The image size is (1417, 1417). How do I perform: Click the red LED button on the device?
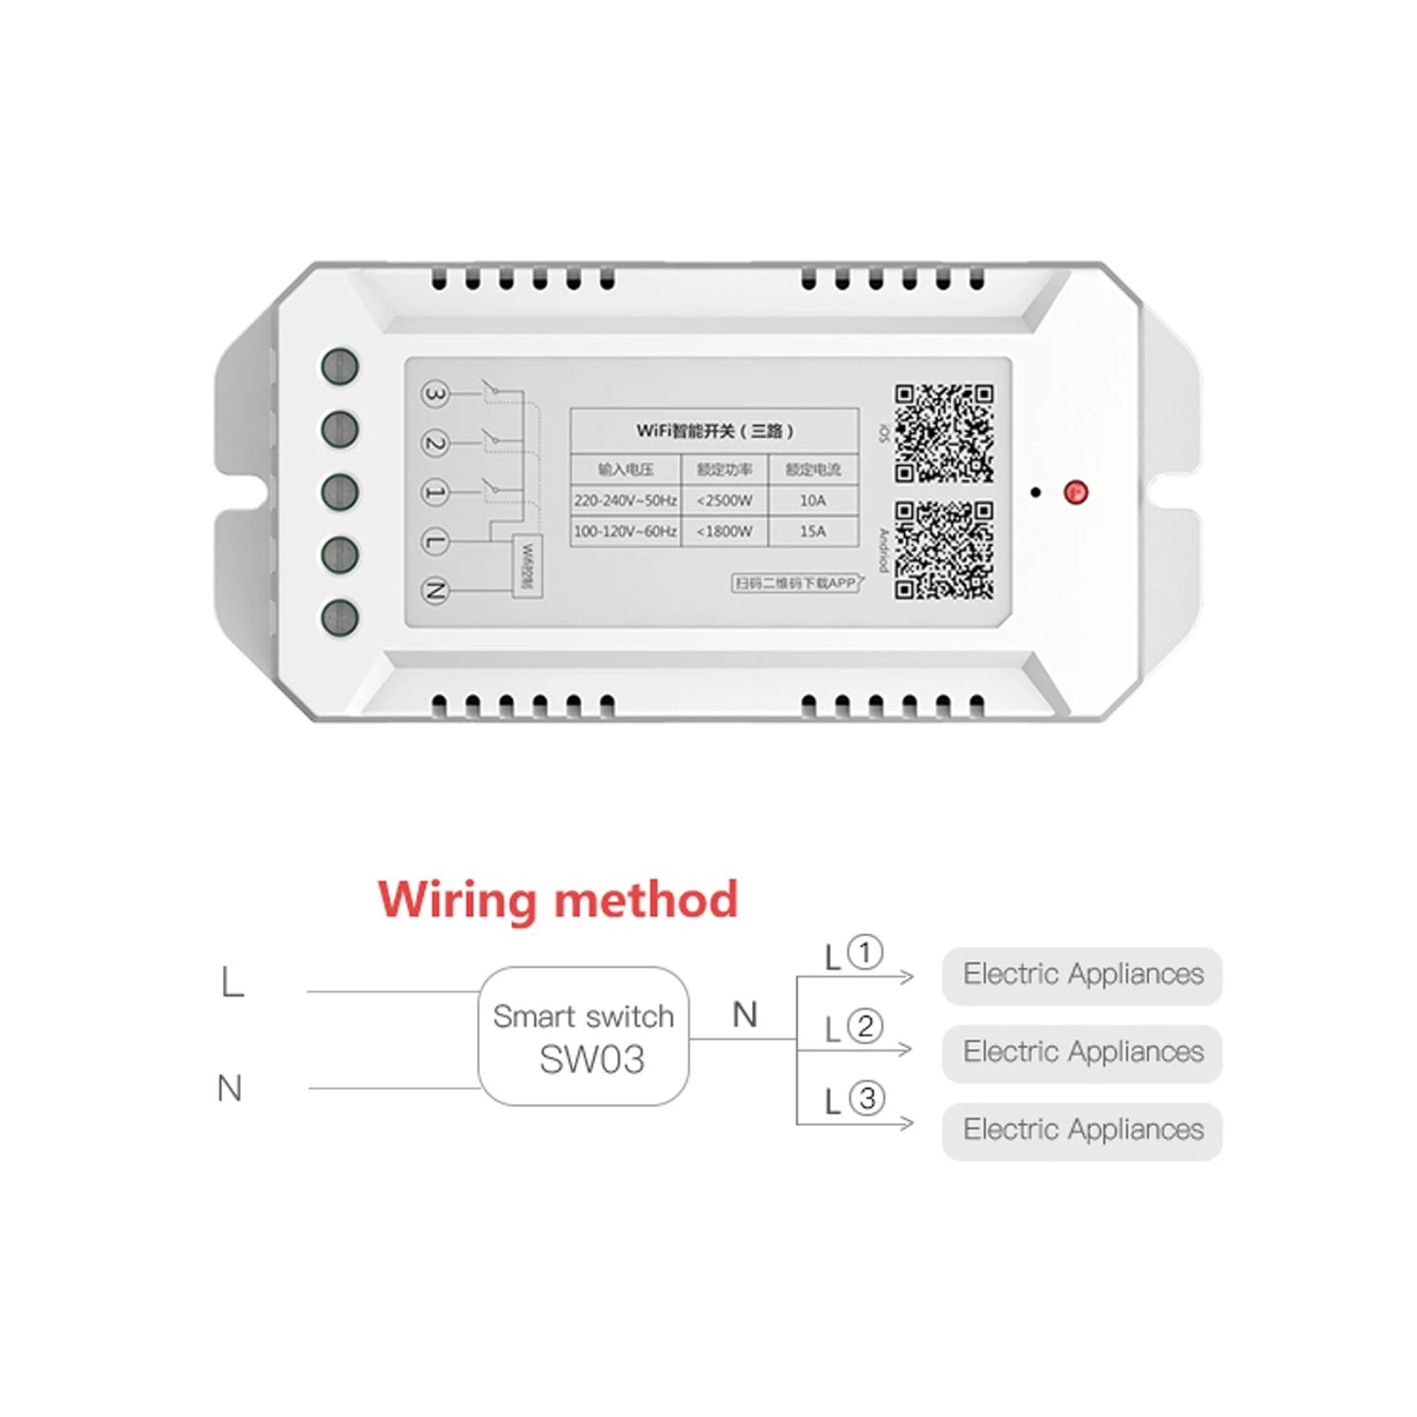pos(1075,492)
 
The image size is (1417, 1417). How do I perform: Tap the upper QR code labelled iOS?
pos(944,434)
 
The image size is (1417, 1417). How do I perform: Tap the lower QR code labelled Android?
pos(944,550)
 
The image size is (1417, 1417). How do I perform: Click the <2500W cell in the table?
pos(725,501)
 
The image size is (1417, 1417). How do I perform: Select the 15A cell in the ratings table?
pos(812,532)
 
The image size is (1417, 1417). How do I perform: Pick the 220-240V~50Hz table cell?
pos(625,501)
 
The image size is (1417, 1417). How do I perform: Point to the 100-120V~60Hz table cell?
pos(625,532)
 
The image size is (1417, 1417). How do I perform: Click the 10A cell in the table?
pos(812,501)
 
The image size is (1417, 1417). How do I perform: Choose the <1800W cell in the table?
pos(725,532)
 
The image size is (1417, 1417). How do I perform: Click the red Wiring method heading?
pos(557,899)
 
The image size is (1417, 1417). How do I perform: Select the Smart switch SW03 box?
pos(584,1036)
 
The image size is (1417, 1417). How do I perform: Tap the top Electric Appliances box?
pos(1082,975)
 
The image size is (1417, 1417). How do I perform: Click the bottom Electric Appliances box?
pos(1082,1130)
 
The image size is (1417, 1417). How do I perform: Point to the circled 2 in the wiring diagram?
pos(864,1026)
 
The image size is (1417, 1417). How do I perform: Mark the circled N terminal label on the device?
pos(434,590)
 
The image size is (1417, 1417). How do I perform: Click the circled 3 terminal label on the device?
pos(434,394)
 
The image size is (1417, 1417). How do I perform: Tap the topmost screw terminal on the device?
pos(340,367)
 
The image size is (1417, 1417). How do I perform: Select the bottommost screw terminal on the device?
pos(340,618)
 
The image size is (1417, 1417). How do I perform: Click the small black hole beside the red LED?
pos(1035,492)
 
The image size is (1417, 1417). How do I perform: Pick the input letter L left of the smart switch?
pos(232,982)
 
